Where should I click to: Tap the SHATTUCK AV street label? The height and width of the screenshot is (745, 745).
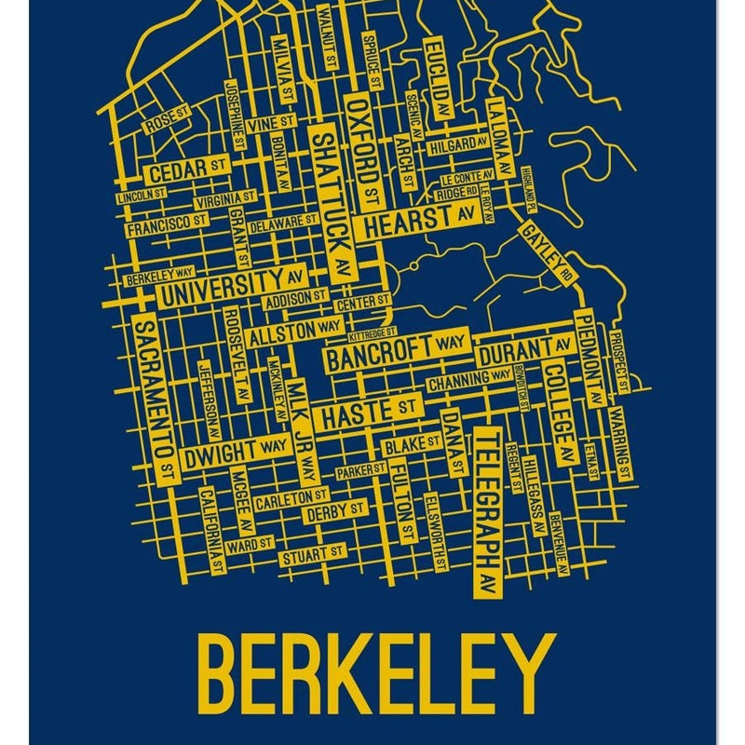[332, 201]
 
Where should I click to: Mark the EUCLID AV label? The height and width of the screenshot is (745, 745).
[435, 74]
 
